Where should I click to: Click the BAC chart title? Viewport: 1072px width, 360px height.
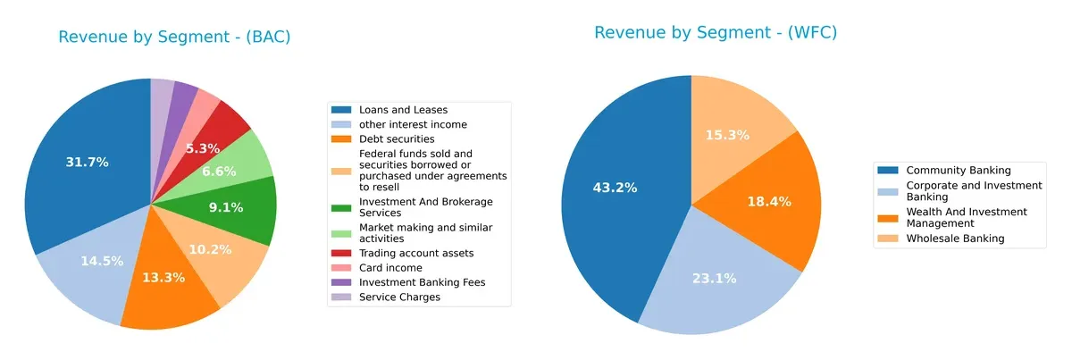[174, 38]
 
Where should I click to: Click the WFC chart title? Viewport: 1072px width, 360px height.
[715, 33]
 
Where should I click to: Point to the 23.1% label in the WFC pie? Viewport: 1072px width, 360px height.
[714, 278]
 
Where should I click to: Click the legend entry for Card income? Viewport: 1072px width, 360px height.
[384, 267]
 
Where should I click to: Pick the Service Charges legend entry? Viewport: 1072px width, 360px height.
[398, 297]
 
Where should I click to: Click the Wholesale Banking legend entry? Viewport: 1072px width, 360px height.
[954, 238]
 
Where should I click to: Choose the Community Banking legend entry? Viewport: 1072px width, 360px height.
[958, 170]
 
